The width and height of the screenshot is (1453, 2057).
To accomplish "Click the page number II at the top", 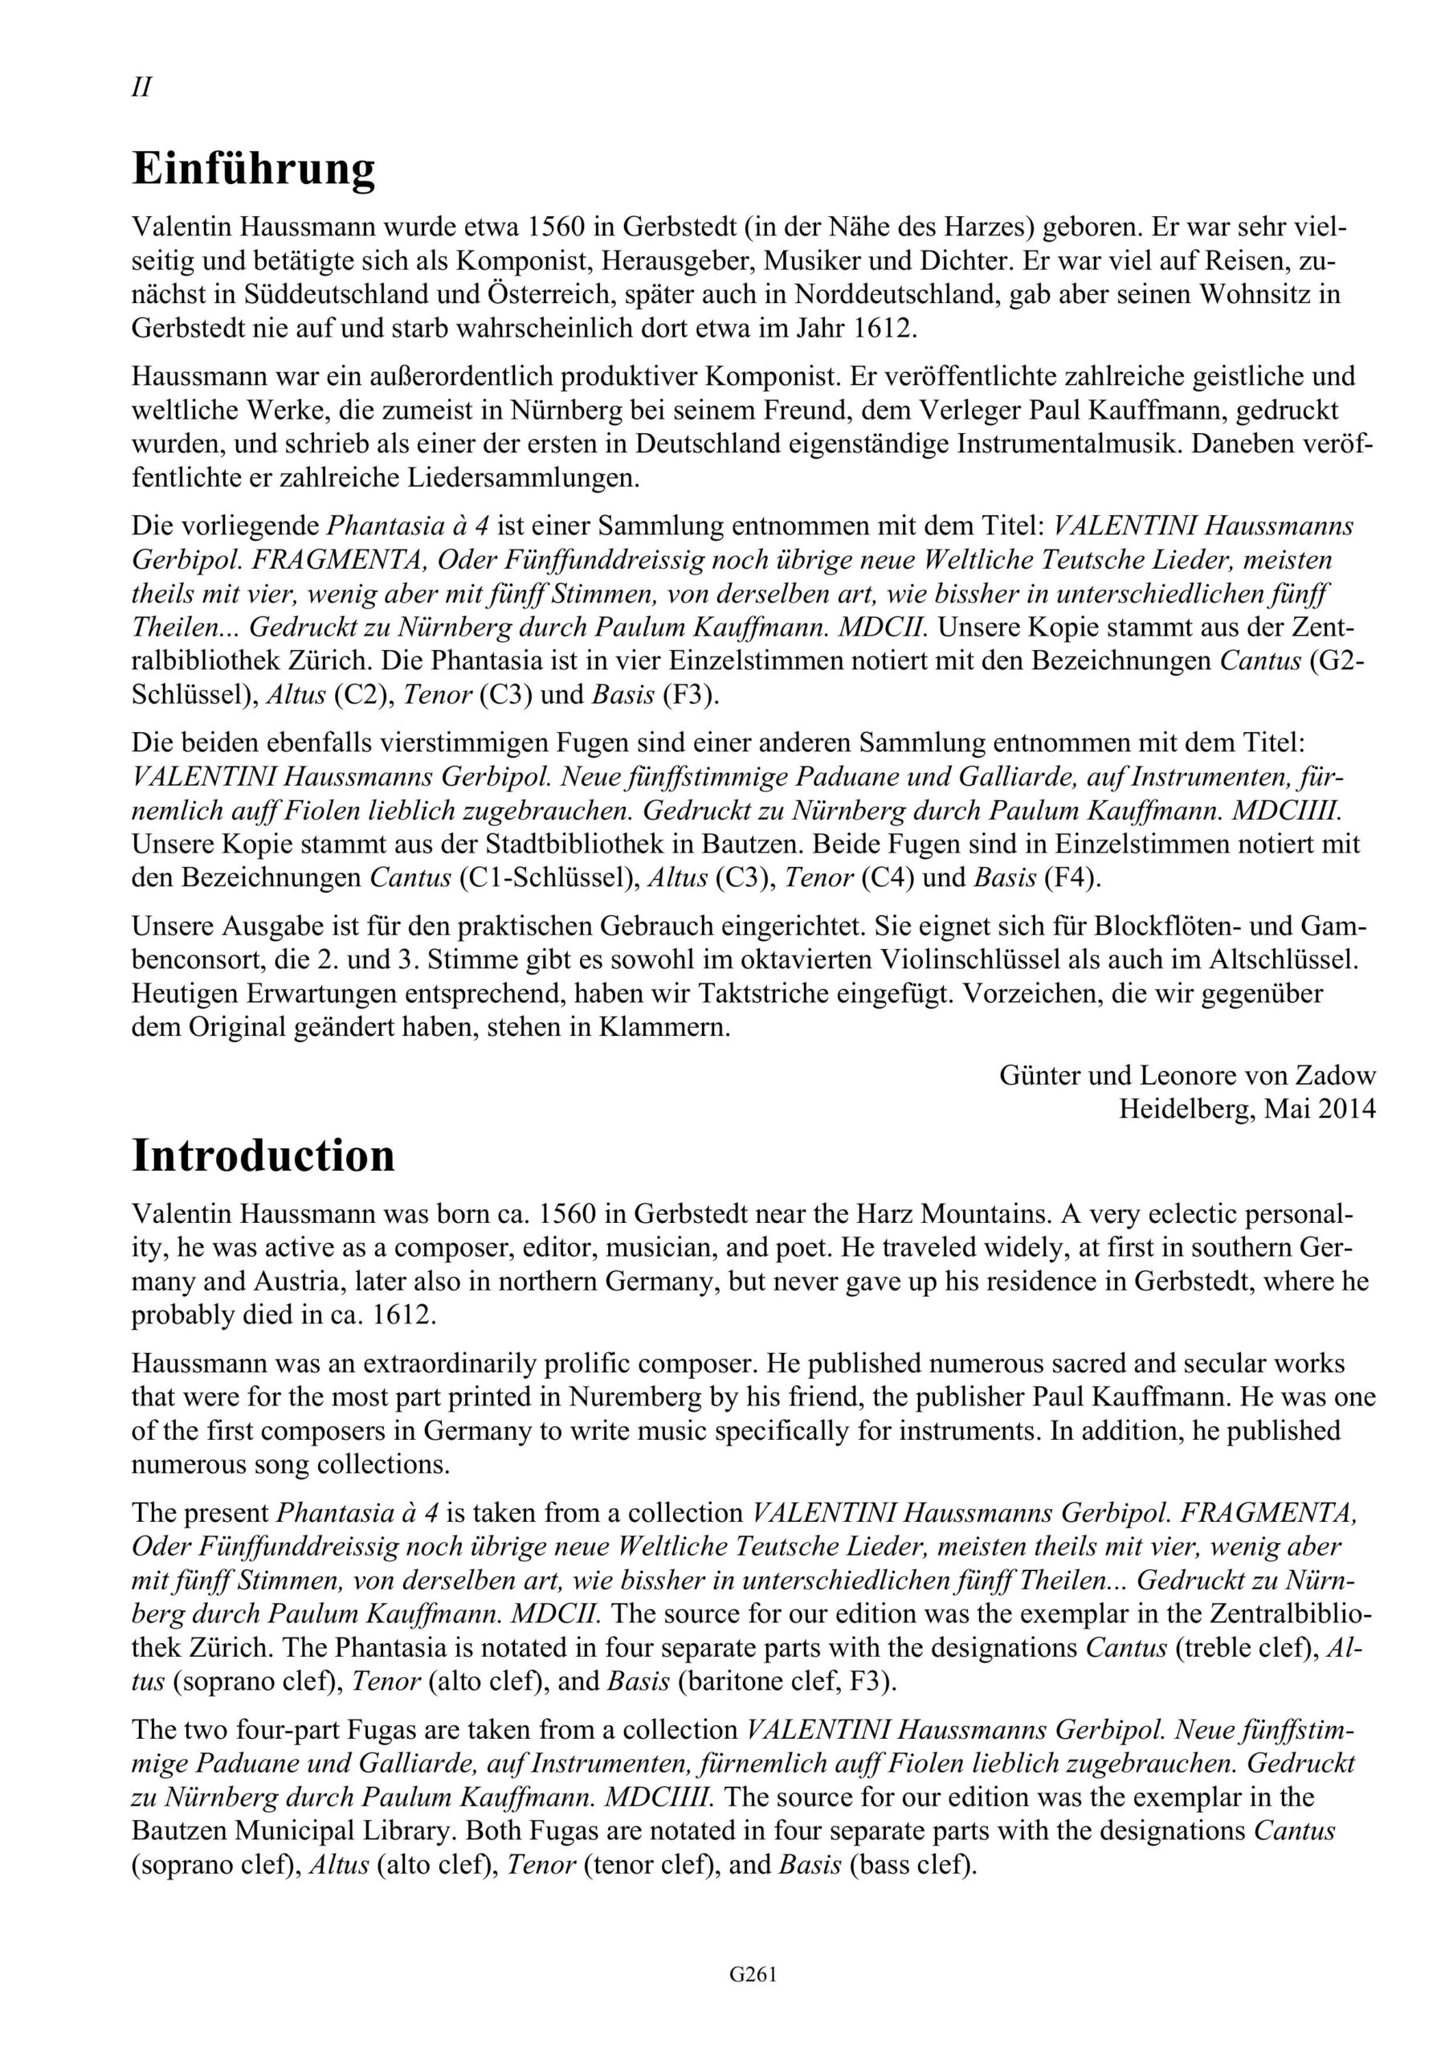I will tap(141, 88).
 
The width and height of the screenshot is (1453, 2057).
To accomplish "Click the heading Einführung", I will tap(254, 170).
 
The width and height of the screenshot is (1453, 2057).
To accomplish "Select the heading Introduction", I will tap(263, 1155).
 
